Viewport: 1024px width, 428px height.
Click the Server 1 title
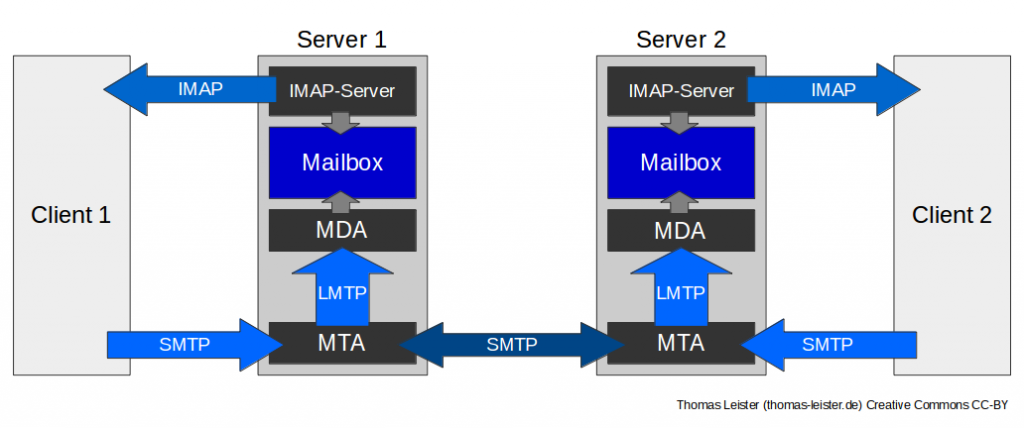pyautogui.click(x=342, y=40)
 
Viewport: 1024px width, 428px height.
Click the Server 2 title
pyautogui.click(x=681, y=40)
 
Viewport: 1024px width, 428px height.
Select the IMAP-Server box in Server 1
pyautogui.click(x=342, y=91)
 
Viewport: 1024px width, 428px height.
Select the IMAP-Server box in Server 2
pyautogui.click(x=681, y=91)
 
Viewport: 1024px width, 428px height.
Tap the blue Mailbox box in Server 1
pyautogui.click(x=342, y=162)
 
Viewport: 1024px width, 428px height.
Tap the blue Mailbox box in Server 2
pyautogui.click(x=681, y=162)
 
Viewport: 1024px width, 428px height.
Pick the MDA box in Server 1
pyautogui.click(x=342, y=231)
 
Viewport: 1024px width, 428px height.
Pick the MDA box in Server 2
pyautogui.click(x=681, y=231)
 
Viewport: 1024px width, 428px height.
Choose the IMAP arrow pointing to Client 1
pyautogui.click(x=195, y=89)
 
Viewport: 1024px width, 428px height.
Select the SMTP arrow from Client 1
pyautogui.click(x=185, y=345)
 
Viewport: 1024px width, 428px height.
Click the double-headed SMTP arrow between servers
pyautogui.click(x=511, y=345)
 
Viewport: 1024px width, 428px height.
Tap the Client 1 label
pyautogui.click(x=71, y=215)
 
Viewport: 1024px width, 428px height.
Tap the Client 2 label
pyautogui.click(x=952, y=215)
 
